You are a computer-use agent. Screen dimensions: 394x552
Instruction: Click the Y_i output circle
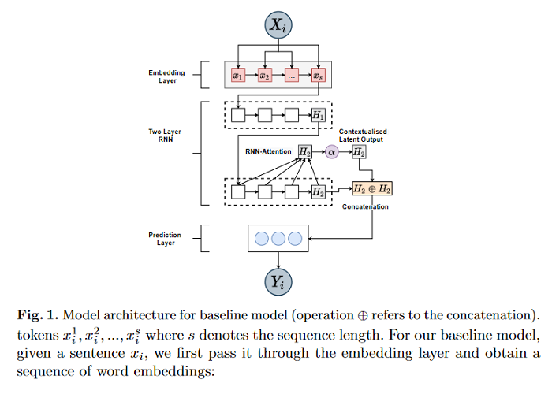(x=278, y=281)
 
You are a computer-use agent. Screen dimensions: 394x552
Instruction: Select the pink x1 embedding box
(x=238, y=76)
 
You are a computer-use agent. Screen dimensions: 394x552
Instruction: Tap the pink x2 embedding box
(x=265, y=76)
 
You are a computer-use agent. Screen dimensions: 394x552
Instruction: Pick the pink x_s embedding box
(x=318, y=76)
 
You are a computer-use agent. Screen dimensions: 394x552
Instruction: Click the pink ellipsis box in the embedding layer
(x=292, y=76)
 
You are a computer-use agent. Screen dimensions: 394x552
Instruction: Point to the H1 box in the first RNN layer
(x=318, y=115)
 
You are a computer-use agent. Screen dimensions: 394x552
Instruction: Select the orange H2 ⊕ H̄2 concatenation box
(x=371, y=189)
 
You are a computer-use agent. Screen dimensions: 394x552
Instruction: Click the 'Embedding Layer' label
(x=166, y=76)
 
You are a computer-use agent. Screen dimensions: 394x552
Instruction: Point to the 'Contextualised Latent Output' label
(x=369, y=135)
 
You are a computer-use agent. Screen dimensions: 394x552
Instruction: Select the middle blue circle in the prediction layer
(x=278, y=239)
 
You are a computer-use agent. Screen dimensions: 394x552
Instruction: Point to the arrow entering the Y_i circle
(x=278, y=259)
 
